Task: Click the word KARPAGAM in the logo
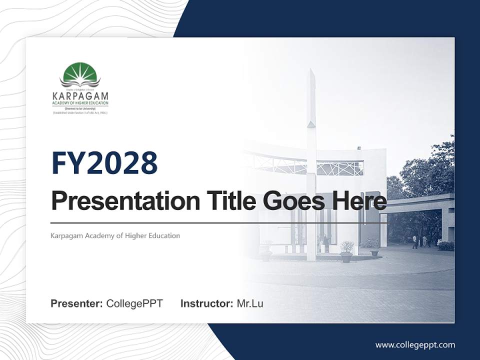tap(80, 95)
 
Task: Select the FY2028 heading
tap(104, 163)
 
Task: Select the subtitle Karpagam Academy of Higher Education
tap(115, 235)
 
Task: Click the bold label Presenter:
tap(77, 303)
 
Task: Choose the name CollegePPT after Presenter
tap(134, 303)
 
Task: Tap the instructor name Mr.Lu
tap(250, 303)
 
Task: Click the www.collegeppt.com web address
tap(415, 345)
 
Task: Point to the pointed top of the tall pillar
tap(311, 75)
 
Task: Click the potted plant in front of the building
tap(346, 250)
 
